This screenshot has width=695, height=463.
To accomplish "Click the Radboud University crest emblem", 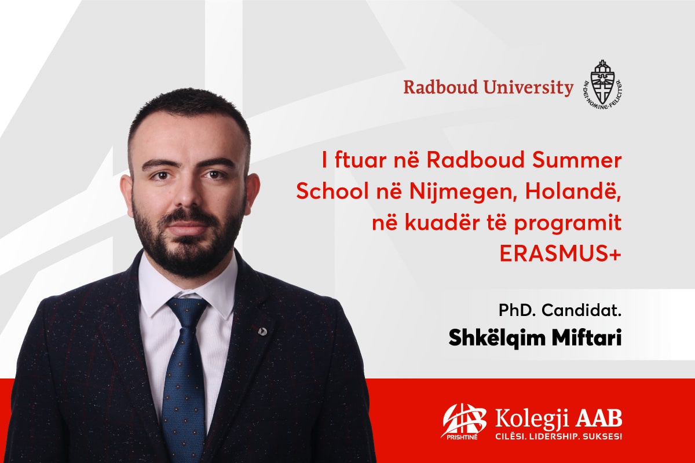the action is tap(602, 84).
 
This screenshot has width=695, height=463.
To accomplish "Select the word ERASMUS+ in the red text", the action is tap(561, 254).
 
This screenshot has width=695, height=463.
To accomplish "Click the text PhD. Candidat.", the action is tap(560, 310).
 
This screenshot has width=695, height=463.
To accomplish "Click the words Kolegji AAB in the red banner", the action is tap(558, 419).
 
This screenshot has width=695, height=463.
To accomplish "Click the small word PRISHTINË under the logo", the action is tap(462, 438).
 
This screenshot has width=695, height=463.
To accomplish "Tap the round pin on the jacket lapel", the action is tap(263, 332).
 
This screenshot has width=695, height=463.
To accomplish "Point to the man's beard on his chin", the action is tap(189, 254).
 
